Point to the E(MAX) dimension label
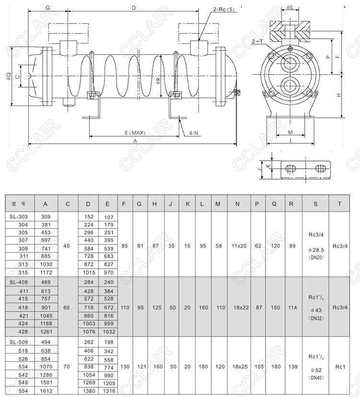click(135, 133)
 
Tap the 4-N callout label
click(194, 133)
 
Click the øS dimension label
click(290, 8)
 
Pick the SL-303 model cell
click(19, 217)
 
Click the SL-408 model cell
click(19, 282)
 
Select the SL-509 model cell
click(19, 342)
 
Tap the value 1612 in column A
click(46, 391)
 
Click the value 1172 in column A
click(46, 272)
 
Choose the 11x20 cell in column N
click(237, 245)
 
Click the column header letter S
click(315, 204)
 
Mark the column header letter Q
click(274, 204)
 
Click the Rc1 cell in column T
click(340, 367)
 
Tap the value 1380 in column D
click(89, 391)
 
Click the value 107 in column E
click(109, 217)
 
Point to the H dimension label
click(338, 95)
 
